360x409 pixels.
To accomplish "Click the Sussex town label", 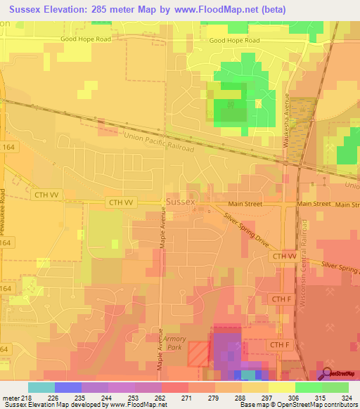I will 181,202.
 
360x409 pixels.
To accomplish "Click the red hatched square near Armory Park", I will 198,353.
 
